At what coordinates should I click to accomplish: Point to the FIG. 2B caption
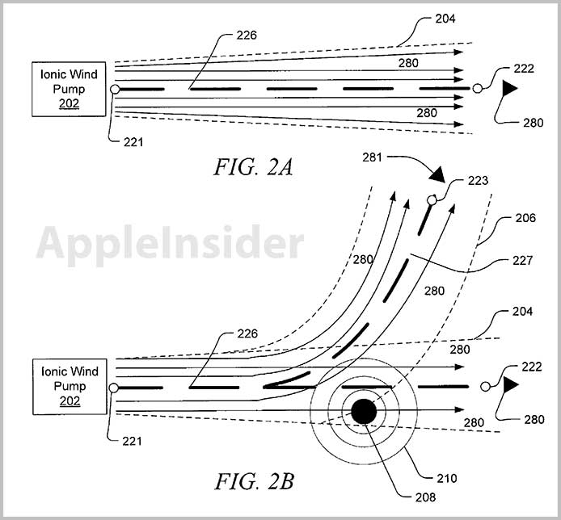(x=254, y=482)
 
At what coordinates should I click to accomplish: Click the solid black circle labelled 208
(x=364, y=412)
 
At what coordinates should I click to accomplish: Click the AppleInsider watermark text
(x=170, y=241)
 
